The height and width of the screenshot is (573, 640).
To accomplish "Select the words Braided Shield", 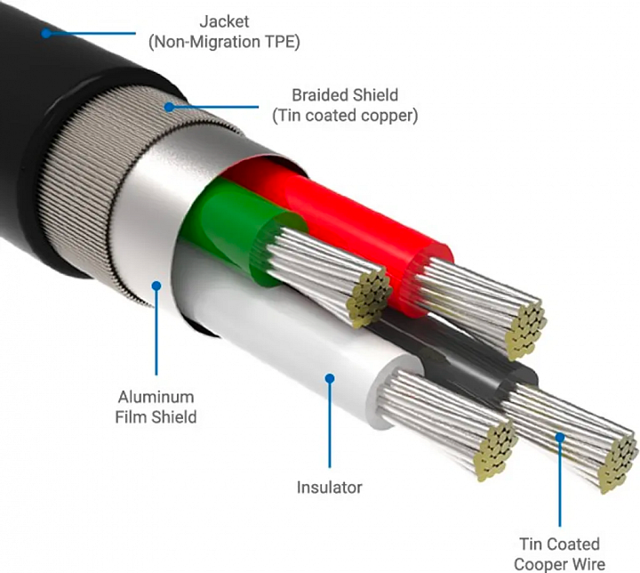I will tap(345, 95).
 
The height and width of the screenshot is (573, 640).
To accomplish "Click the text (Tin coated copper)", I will tap(345, 115).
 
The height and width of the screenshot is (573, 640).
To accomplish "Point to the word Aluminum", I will tap(156, 397).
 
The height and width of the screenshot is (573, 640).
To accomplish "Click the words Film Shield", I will tap(157, 416).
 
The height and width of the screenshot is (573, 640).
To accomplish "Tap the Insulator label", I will tap(329, 487).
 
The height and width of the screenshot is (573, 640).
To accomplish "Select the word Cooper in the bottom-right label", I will tap(536, 563).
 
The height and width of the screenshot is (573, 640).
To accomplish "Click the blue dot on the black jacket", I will tap(44, 34).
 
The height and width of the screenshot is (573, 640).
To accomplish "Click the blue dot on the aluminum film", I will tap(156, 286).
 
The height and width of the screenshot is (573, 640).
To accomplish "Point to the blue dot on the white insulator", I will tap(329, 377).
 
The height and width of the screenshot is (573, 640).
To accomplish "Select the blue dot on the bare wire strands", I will tap(561, 436).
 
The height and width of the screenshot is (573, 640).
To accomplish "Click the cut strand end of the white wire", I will tap(497, 443).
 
